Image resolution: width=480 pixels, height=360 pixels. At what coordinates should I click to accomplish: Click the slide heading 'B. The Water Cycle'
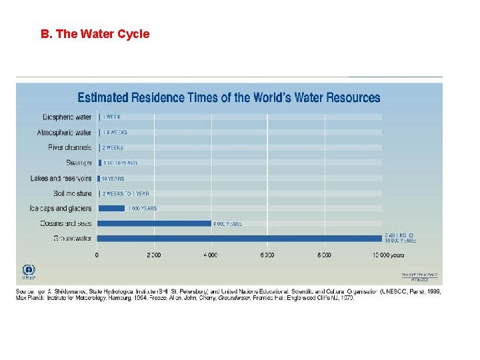coord(95,34)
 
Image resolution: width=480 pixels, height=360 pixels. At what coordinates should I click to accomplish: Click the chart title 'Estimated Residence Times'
coord(229,97)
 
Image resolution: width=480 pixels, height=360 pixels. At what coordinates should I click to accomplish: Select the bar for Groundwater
coord(240,238)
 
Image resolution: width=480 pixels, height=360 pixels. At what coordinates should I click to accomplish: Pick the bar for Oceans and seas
coord(155,223)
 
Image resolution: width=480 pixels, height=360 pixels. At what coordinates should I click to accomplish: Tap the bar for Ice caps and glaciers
coord(111,208)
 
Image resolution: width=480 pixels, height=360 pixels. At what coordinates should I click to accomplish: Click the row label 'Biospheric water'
coord(67,117)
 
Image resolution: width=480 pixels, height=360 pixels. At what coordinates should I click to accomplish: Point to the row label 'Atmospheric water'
coord(64,133)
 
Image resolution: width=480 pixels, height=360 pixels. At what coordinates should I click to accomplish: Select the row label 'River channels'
coord(70,147)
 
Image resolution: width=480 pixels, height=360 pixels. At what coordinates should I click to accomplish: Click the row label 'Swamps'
coord(78,163)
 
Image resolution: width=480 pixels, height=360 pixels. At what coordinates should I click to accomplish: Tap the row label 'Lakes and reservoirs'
coord(61,178)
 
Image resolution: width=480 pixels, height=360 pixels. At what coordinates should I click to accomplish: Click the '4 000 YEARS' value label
coord(227,224)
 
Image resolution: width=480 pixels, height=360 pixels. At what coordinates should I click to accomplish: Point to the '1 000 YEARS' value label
coord(143,208)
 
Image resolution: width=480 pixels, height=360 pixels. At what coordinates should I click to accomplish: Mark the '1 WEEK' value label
coord(111,117)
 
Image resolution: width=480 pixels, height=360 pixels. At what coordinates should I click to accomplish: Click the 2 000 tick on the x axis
coord(154,255)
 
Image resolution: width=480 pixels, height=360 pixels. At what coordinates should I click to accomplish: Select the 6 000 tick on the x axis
coord(267,255)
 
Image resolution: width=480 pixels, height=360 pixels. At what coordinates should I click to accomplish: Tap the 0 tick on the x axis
coord(97,255)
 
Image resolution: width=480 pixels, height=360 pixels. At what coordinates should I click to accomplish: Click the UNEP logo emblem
coord(29,271)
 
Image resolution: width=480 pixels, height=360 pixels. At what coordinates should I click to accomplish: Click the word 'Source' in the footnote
coord(25,291)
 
